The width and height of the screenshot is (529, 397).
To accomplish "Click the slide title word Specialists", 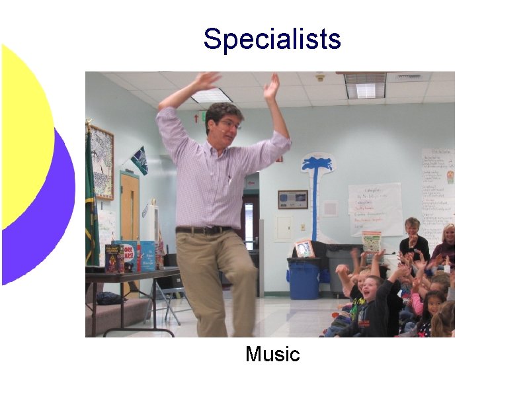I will click(x=272, y=39).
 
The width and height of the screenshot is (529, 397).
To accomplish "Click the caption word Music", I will click(x=272, y=354).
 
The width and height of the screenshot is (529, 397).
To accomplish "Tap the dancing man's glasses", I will click(x=229, y=124).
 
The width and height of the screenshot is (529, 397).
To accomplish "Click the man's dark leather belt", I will click(x=204, y=230).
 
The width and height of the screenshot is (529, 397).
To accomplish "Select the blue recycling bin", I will click(x=304, y=279).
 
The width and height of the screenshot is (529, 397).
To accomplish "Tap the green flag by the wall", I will click(x=91, y=198).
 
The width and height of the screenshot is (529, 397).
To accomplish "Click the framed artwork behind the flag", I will click(x=102, y=162).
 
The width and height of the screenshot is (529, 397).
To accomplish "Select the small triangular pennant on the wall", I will click(x=140, y=160).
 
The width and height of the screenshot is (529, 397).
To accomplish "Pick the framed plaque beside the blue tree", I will click(x=292, y=199).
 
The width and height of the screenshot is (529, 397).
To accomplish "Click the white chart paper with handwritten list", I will click(x=375, y=208).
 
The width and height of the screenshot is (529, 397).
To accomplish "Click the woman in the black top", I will click(x=413, y=240).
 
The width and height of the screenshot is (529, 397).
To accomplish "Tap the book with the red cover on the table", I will click(x=130, y=257).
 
